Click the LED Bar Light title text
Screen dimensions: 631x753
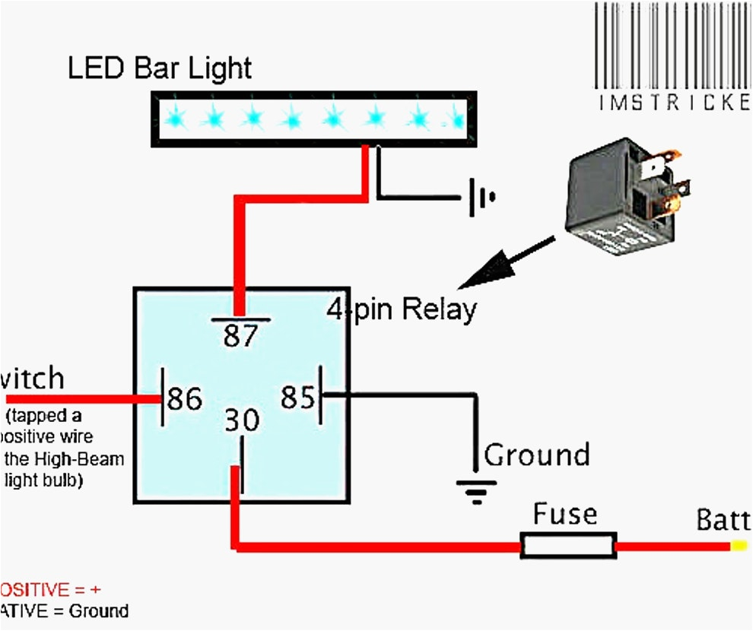click(159, 69)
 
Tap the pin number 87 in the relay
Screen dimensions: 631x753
click(241, 335)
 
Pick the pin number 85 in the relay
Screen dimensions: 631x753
click(297, 396)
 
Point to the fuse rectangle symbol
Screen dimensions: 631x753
click(567, 546)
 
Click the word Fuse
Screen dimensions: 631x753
click(564, 515)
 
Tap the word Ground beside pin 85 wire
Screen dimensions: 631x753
click(537, 455)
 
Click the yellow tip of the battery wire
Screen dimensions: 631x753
click(739, 546)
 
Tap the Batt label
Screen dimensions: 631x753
click(723, 522)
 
